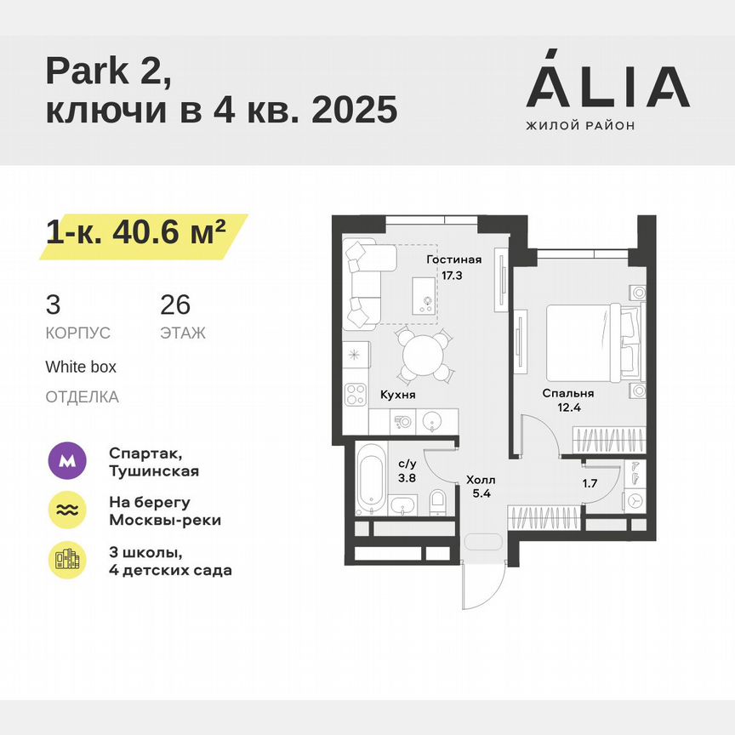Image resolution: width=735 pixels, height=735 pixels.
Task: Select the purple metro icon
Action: [x=67, y=461]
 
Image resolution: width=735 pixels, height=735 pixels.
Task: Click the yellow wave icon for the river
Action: [x=67, y=510]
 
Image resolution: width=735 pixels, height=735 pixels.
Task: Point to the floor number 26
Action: [x=175, y=305]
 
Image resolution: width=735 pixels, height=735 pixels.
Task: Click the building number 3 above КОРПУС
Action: [x=54, y=305]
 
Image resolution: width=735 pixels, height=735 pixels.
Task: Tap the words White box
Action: [x=81, y=367]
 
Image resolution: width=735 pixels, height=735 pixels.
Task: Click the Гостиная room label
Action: [x=453, y=260]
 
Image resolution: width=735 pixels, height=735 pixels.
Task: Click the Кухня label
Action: [x=397, y=396]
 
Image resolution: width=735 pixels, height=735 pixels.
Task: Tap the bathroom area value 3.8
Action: [x=407, y=478]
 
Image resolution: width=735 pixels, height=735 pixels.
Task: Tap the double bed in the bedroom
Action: [x=587, y=342]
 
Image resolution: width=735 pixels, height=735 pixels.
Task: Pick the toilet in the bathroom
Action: [x=437, y=501]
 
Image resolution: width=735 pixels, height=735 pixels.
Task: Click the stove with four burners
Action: [x=355, y=394]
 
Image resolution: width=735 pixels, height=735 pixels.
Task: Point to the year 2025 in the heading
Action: [x=355, y=111]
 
